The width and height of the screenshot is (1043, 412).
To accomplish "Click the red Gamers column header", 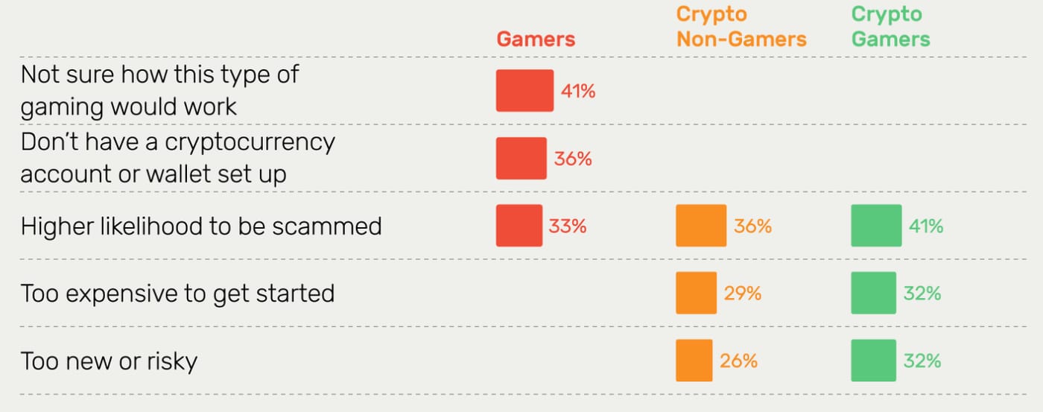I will (536, 39).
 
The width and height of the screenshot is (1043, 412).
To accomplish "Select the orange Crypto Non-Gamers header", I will (741, 27).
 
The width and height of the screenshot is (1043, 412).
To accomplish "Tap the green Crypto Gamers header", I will (891, 27).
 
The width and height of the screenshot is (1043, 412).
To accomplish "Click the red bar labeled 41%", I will (524, 91).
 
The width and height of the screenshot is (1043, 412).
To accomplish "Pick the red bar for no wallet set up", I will (521, 158).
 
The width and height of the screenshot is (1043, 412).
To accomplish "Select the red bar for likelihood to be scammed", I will (519, 225).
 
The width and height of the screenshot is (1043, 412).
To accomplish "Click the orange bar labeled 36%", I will (701, 225).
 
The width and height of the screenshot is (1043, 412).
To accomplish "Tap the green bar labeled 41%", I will (876, 225).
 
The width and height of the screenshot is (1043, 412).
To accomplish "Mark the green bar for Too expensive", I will (873, 293).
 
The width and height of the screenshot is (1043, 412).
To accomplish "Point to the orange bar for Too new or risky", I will (694, 361).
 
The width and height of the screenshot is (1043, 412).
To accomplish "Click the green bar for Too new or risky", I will (873, 361).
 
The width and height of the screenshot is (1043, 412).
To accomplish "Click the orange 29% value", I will (742, 294).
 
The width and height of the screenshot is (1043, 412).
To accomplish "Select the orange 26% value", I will (738, 361).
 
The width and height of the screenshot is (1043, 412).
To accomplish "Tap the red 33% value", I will (568, 226).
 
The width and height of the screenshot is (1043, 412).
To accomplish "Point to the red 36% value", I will (573, 159).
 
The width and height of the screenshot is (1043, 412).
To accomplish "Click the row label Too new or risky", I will (109, 361).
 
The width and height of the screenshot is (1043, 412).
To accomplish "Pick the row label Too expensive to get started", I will (177, 294).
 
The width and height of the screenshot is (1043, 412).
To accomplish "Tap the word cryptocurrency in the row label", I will (250, 142).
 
